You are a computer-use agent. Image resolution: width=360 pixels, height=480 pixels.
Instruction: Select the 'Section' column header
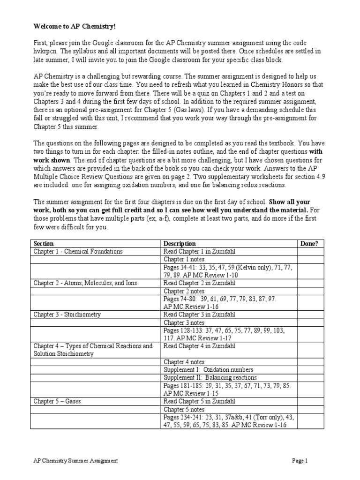44,244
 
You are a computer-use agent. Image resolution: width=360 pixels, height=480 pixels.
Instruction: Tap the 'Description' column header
180,244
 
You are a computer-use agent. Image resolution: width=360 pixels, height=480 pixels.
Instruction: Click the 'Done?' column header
309,244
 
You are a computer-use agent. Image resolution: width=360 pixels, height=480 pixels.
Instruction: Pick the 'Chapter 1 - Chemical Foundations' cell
77,252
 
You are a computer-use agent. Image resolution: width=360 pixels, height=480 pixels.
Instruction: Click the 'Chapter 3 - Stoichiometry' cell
67,315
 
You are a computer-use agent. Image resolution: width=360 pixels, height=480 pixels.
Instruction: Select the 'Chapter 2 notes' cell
184,291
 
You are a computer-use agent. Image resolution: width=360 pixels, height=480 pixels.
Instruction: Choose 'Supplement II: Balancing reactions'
210,378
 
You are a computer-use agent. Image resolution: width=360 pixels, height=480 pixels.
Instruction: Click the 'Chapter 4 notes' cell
184,362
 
